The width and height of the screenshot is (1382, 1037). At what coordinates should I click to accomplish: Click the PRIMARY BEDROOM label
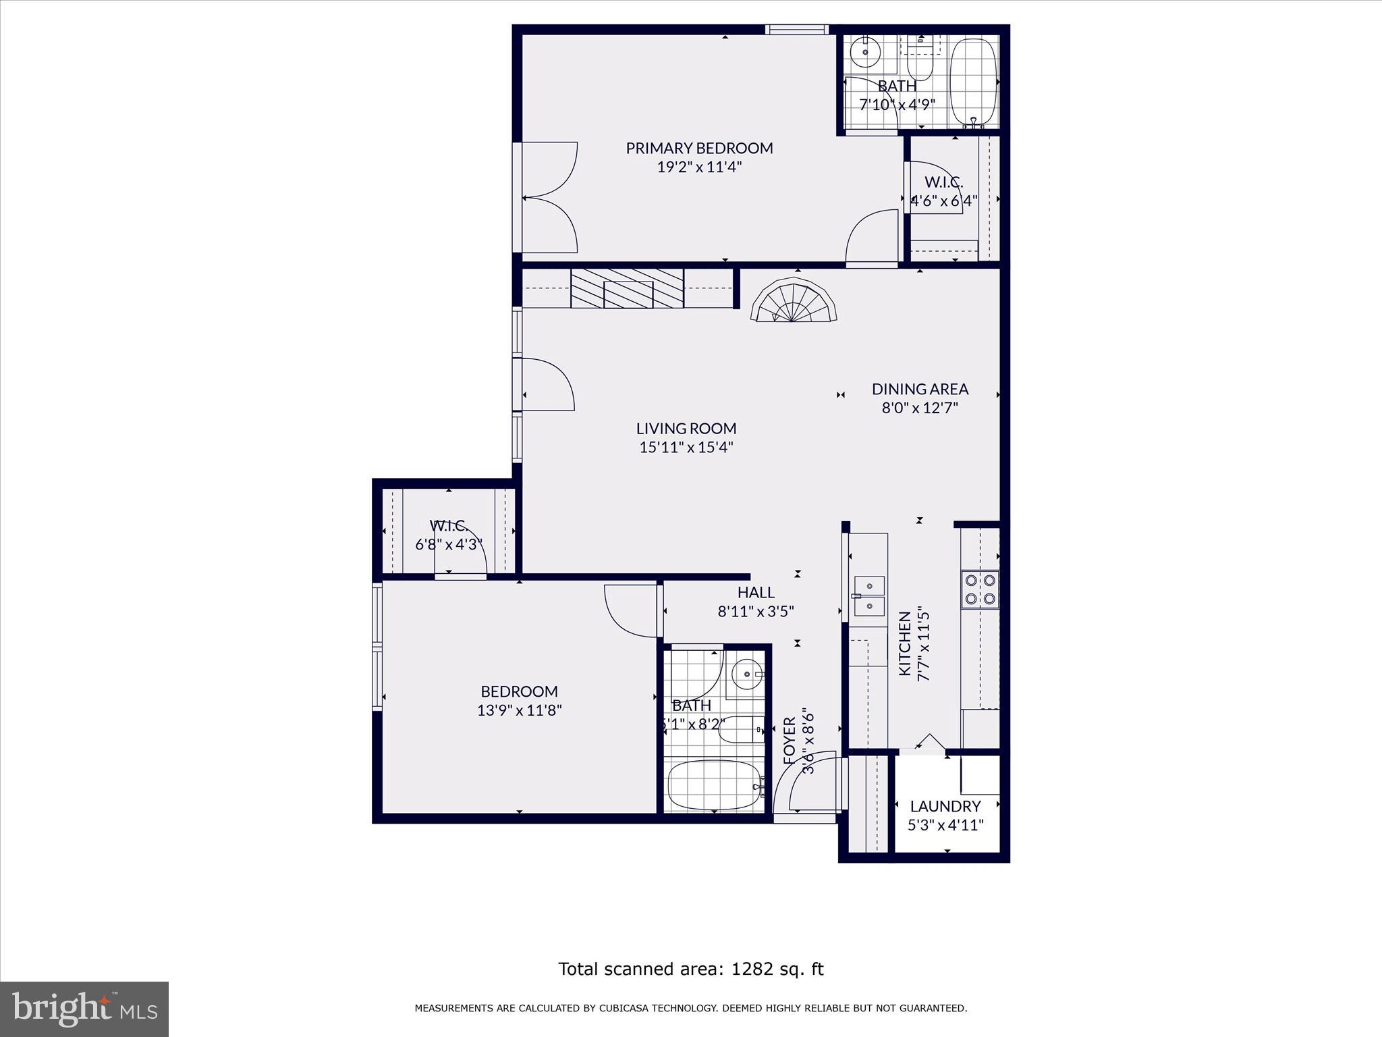699,148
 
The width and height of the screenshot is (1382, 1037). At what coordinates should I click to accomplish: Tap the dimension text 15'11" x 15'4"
686,447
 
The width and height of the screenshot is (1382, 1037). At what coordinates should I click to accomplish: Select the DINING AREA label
920,389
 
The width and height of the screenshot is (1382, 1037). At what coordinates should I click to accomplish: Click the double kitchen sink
869,596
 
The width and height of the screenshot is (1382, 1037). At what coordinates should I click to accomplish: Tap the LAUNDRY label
945,806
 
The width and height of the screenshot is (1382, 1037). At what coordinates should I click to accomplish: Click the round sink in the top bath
864,51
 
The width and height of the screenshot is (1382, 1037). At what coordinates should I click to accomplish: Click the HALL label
756,593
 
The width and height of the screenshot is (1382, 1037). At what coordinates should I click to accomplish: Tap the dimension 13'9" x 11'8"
519,710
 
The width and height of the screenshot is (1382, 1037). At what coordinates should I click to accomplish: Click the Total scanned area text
690,969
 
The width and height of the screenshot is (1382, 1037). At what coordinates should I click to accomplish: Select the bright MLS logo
84,1009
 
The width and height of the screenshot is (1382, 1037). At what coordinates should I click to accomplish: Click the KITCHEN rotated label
905,643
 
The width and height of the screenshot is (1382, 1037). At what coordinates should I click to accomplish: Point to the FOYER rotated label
790,741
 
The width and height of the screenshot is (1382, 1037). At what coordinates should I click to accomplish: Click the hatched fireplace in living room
628,289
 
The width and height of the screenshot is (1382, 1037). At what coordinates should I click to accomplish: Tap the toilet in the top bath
919,63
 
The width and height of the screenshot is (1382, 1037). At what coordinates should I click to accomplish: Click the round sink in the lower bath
746,674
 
